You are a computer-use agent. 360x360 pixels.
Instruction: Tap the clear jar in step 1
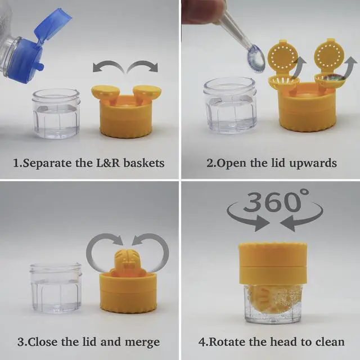[56, 114]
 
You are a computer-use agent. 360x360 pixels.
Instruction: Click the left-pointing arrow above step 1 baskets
[109, 66]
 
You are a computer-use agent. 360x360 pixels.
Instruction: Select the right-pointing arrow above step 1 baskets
[143, 66]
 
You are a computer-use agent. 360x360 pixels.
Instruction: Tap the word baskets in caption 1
[144, 163]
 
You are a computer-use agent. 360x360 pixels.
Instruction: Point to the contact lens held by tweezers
[256, 58]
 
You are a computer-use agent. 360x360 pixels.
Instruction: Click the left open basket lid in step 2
[283, 56]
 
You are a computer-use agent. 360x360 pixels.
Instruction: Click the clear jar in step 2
[229, 106]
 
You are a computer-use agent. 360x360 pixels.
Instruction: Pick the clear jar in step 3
[56, 289]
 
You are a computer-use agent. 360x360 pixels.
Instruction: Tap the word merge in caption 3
[142, 343]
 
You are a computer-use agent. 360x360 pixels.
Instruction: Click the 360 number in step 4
[272, 201]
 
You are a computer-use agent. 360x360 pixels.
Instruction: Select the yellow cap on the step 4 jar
[273, 263]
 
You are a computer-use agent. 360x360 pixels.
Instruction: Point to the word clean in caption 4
[330, 342]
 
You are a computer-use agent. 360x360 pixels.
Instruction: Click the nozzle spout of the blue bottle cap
[40, 66]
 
